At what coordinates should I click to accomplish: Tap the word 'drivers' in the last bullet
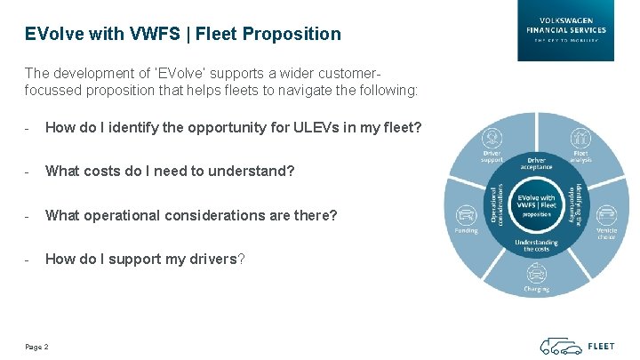(210, 259)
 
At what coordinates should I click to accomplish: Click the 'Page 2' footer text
(36, 346)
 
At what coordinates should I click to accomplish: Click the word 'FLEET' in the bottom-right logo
(601, 346)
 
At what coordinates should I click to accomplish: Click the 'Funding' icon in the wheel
(466, 215)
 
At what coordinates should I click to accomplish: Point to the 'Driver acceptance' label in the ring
(536, 163)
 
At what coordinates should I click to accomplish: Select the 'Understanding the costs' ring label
(536, 245)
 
